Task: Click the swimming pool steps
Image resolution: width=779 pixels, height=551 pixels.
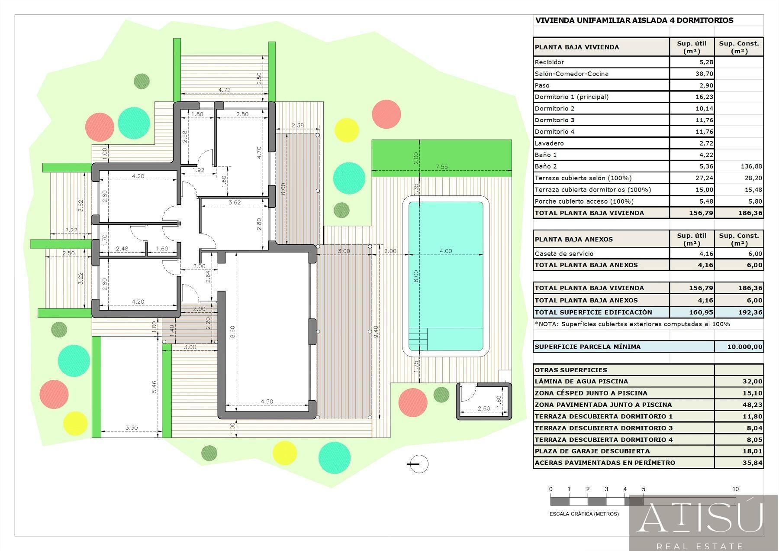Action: (418, 339)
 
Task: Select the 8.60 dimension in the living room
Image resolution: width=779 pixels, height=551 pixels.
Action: (232, 332)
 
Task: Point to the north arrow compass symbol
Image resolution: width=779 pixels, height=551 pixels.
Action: (418, 464)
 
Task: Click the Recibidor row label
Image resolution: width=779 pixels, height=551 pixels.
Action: (549, 62)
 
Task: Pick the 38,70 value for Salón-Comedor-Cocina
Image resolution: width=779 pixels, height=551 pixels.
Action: (704, 74)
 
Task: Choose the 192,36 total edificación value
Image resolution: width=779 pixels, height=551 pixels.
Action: (751, 312)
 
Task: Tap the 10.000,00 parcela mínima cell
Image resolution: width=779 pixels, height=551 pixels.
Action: (744, 347)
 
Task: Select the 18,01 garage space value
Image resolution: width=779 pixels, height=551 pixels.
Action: (753, 451)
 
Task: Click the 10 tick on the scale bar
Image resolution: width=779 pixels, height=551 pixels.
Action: (735, 489)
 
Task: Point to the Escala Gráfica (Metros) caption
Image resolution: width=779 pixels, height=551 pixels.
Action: (584, 514)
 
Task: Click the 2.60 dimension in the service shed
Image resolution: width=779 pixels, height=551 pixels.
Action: (483, 408)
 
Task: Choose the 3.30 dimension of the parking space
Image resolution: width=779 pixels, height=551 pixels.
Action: (132, 428)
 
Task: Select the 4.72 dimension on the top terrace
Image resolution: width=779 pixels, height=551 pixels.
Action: (224, 90)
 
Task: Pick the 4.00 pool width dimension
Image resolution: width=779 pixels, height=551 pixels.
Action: (446, 251)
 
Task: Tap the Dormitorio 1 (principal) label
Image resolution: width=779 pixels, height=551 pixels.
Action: (571, 97)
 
